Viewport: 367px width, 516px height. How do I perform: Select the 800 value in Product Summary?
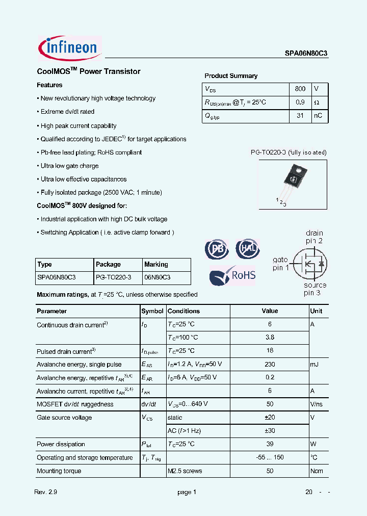coord(300,89)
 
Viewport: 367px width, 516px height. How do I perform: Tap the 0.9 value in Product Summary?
coord(300,102)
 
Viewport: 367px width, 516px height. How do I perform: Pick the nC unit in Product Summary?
coord(318,116)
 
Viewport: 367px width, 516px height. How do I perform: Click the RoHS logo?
coord(233,275)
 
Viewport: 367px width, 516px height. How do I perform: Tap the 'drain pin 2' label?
coord(314,237)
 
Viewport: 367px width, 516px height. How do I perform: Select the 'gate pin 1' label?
coord(281,263)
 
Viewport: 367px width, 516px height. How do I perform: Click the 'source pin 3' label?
coord(316,289)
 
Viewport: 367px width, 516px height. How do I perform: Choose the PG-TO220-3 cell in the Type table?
coord(114,277)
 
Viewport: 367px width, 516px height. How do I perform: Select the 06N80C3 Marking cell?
coord(157,277)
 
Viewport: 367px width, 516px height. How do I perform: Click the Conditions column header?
coord(183,311)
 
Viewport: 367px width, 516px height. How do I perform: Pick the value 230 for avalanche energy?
coord(270,364)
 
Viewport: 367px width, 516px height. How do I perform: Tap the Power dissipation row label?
coord(61,444)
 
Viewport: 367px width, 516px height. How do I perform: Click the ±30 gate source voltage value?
coord(270,431)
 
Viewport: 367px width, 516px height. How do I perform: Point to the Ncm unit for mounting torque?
coord(317,471)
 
